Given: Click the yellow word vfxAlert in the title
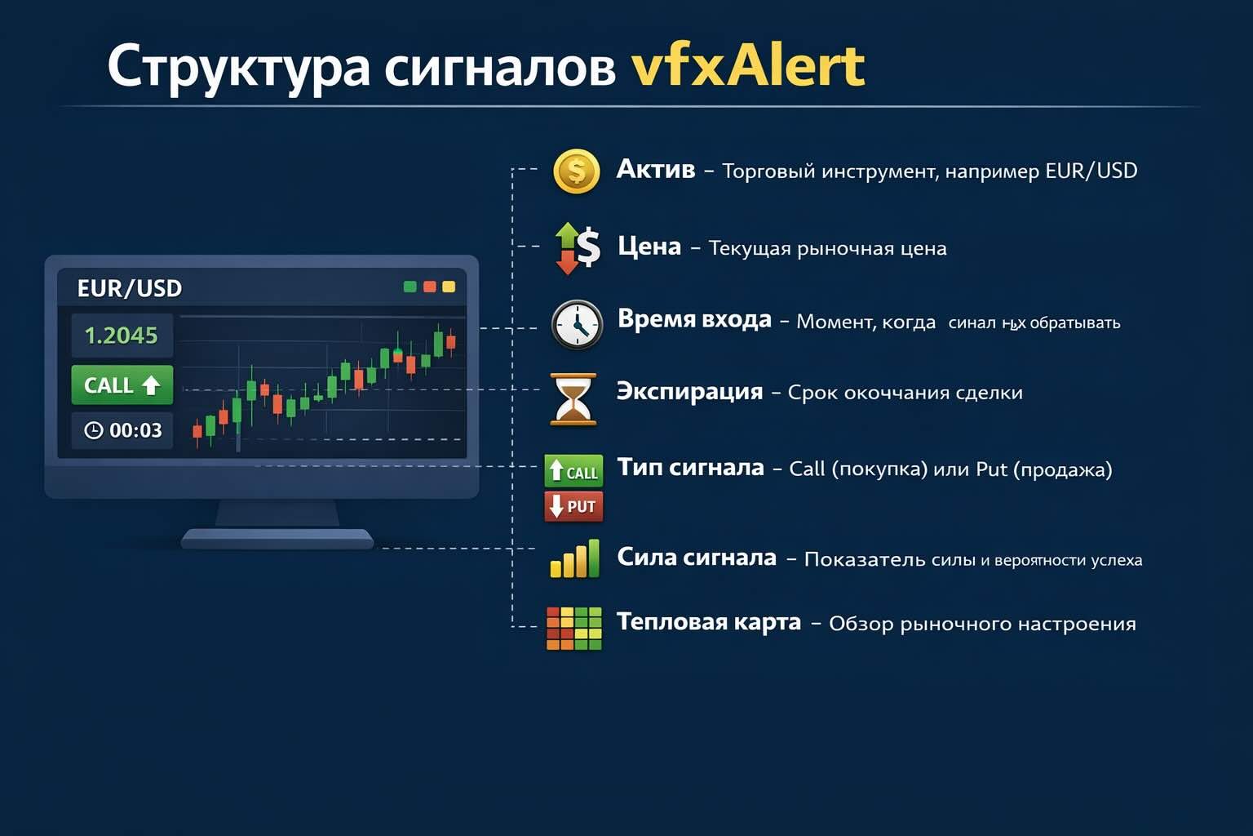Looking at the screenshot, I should (x=747, y=67).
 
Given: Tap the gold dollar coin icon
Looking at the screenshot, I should (x=577, y=171).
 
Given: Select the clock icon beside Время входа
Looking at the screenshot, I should (x=577, y=325).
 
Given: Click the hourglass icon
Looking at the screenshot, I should (x=573, y=399).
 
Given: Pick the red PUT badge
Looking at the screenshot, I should (x=573, y=506).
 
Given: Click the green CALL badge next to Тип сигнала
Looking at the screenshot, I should (x=573, y=471).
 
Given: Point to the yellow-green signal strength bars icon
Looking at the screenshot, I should (x=574, y=559).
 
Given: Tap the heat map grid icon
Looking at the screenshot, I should (x=573, y=628).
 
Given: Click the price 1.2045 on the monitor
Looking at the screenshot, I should (x=122, y=336).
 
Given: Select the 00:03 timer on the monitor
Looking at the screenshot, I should (x=123, y=430).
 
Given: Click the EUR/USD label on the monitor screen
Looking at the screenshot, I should (x=129, y=288).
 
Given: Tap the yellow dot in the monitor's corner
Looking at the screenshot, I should (x=449, y=287).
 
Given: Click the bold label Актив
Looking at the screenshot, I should (x=655, y=169).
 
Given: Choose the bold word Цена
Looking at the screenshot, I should (x=649, y=246).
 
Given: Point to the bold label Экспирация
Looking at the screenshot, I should (x=689, y=391).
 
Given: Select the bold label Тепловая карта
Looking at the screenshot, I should (x=708, y=622).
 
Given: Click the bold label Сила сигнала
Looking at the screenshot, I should (x=696, y=557).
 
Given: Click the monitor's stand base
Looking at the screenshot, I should (x=277, y=538).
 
